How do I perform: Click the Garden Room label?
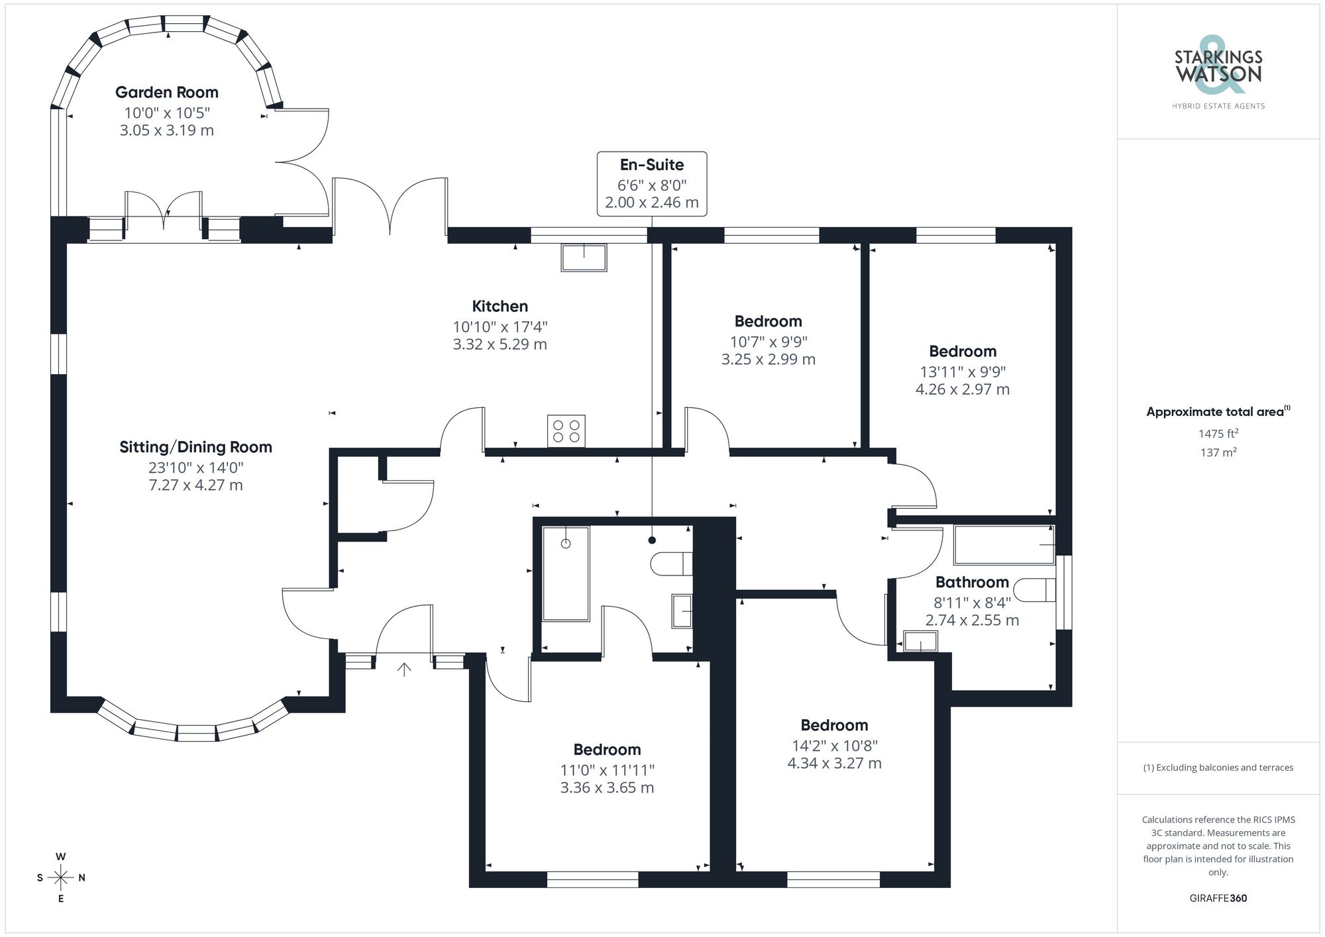coord(166,93)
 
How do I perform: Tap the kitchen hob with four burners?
coord(566,431)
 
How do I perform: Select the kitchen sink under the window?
coord(584,258)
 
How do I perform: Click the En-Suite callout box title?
coord(652,165)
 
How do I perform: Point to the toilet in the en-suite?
coord(671,564)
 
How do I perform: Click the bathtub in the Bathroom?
coord(1004,544)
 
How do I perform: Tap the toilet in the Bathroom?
coord(1035,590)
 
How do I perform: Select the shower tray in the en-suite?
coord(565,573)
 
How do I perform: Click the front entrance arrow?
coord(404,669)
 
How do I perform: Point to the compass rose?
coord(61,878)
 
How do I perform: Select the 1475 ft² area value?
coord(1218,434)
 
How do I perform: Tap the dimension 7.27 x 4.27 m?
coord(195,485)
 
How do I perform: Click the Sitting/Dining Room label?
coord(195,447)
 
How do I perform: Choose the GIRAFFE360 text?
coord(1218,898)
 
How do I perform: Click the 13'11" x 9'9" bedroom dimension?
coord(962,371)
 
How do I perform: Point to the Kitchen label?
coord(500,306)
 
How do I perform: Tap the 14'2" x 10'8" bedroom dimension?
coord(834,746)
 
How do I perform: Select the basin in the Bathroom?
coord(921,642)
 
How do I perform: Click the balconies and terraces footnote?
coord(1218,767)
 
